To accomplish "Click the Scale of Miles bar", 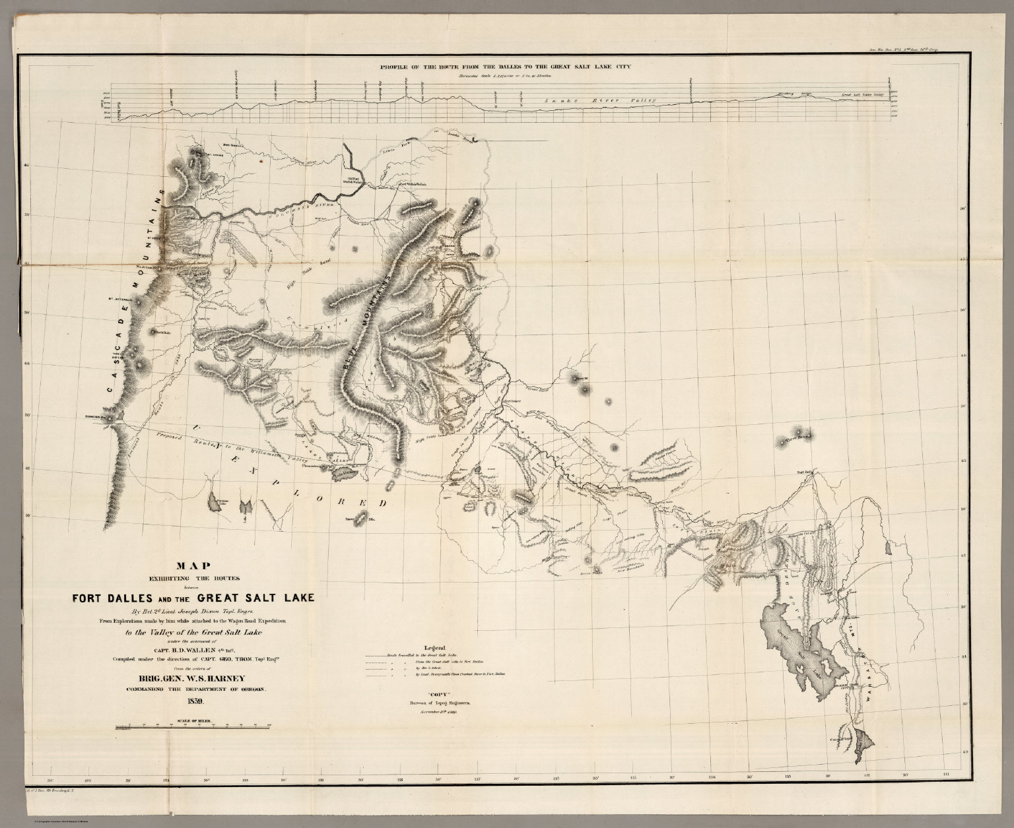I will pyautogui.click(x=191, y=727).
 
